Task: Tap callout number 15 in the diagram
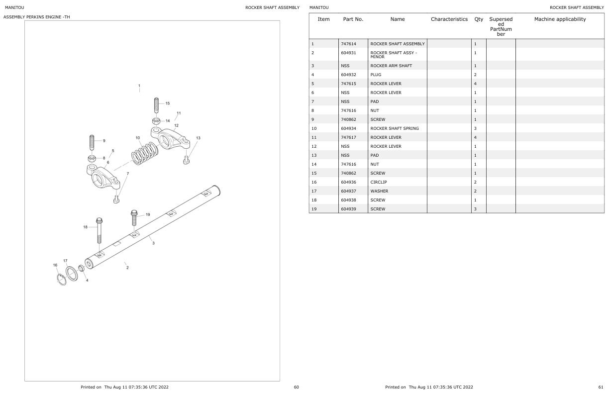168,103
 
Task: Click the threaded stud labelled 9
92,143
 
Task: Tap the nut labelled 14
156,121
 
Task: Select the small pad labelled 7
116,199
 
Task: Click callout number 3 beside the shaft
153,243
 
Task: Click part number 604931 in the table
348,53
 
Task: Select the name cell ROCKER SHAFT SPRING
395,128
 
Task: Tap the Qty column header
479,19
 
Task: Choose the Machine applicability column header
560,19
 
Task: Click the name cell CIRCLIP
379,182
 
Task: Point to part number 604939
349,209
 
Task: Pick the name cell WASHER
379,191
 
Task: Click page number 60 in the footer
296,387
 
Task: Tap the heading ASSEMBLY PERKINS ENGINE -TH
36,17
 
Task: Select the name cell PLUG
376,75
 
